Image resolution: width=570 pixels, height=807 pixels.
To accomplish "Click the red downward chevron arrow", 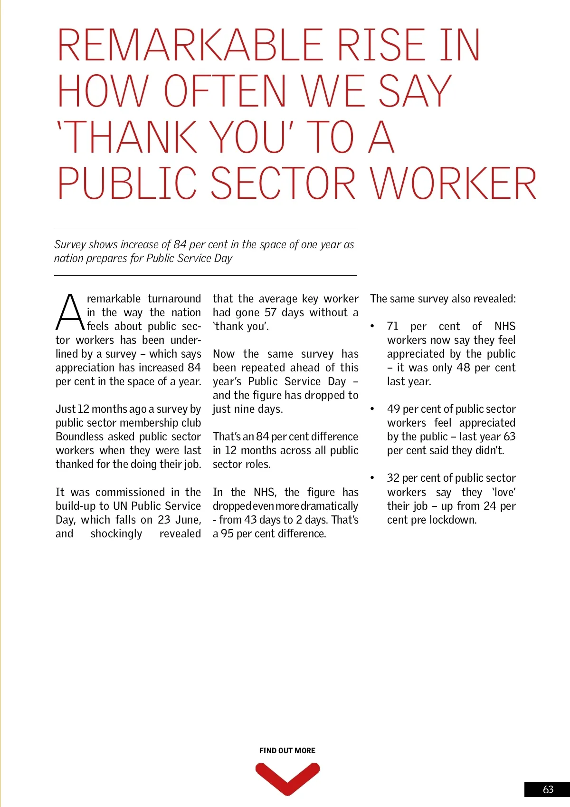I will click(287, 778).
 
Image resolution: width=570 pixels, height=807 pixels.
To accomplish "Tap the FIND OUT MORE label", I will click(287, 750).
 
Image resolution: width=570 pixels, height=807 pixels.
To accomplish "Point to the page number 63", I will click(548, 789).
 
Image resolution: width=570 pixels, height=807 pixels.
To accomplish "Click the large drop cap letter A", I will click(70, 312).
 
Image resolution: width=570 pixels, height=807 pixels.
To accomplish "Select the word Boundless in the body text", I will click(80, 437).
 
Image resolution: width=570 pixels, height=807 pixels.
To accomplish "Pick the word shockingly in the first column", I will click(116, 534).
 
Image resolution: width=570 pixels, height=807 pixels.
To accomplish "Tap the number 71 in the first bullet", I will click(393, 326).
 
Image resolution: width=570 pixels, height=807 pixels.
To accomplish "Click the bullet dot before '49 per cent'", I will click(372, 409).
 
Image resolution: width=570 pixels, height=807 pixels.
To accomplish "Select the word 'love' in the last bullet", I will click(503, 492).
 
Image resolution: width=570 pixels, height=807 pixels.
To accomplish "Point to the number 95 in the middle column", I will click(227, 534).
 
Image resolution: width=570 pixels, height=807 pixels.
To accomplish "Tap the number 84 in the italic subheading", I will click(180, 244).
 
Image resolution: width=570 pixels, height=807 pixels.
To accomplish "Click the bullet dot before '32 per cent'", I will click(372, 478).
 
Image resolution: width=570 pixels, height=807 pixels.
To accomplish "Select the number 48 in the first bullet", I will click(463, 368).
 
